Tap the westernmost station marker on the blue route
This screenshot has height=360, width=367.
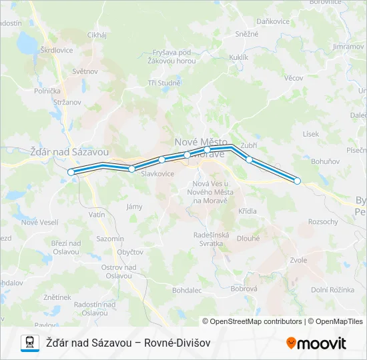coord(71,172)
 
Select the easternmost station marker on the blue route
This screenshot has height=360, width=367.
coord(298,181)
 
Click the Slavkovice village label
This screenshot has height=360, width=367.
coord(157,173)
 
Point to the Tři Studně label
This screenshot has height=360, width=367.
coord(164,83)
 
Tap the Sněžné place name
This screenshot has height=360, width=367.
coord(247,33)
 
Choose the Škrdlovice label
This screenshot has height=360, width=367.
coord(56,50)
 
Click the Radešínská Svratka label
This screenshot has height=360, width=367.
coord(212,239)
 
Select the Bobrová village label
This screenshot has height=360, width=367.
coord(244,288)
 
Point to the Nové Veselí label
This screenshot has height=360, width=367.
coord(40,222)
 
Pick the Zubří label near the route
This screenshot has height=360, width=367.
coord(249,145)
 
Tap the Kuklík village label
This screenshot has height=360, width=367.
coord(238,58)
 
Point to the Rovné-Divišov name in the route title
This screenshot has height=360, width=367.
coord(177,343)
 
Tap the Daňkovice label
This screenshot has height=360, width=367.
coord(273,21)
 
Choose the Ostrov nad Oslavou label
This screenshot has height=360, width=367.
coord(119,271)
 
